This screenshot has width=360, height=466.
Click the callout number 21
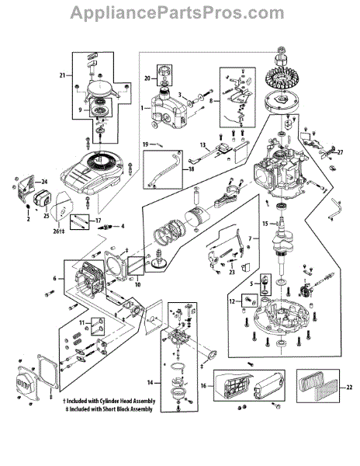click(x=62, y=75)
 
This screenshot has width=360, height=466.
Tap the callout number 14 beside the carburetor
click(x=151, y=382)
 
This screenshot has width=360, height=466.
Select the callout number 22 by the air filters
click(x=349, y=388)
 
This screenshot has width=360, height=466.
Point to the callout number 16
click(x=203, y=386)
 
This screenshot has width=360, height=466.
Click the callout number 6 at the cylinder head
click(x=54, y=279)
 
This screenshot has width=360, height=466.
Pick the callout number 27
click(x=340, y=152)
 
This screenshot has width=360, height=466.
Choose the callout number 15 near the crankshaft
click(x=265, y=224)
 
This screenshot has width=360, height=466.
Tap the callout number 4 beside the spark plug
click(x=123, y=227)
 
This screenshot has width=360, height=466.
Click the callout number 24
click(x=44, y=182)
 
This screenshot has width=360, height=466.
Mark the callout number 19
click(x=145, y=144)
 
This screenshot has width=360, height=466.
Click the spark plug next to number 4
click(x=106, y=228)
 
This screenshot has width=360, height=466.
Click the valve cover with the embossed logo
click(x=26, y=382)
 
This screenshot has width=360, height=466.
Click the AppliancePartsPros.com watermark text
click(x=177, y=13)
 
